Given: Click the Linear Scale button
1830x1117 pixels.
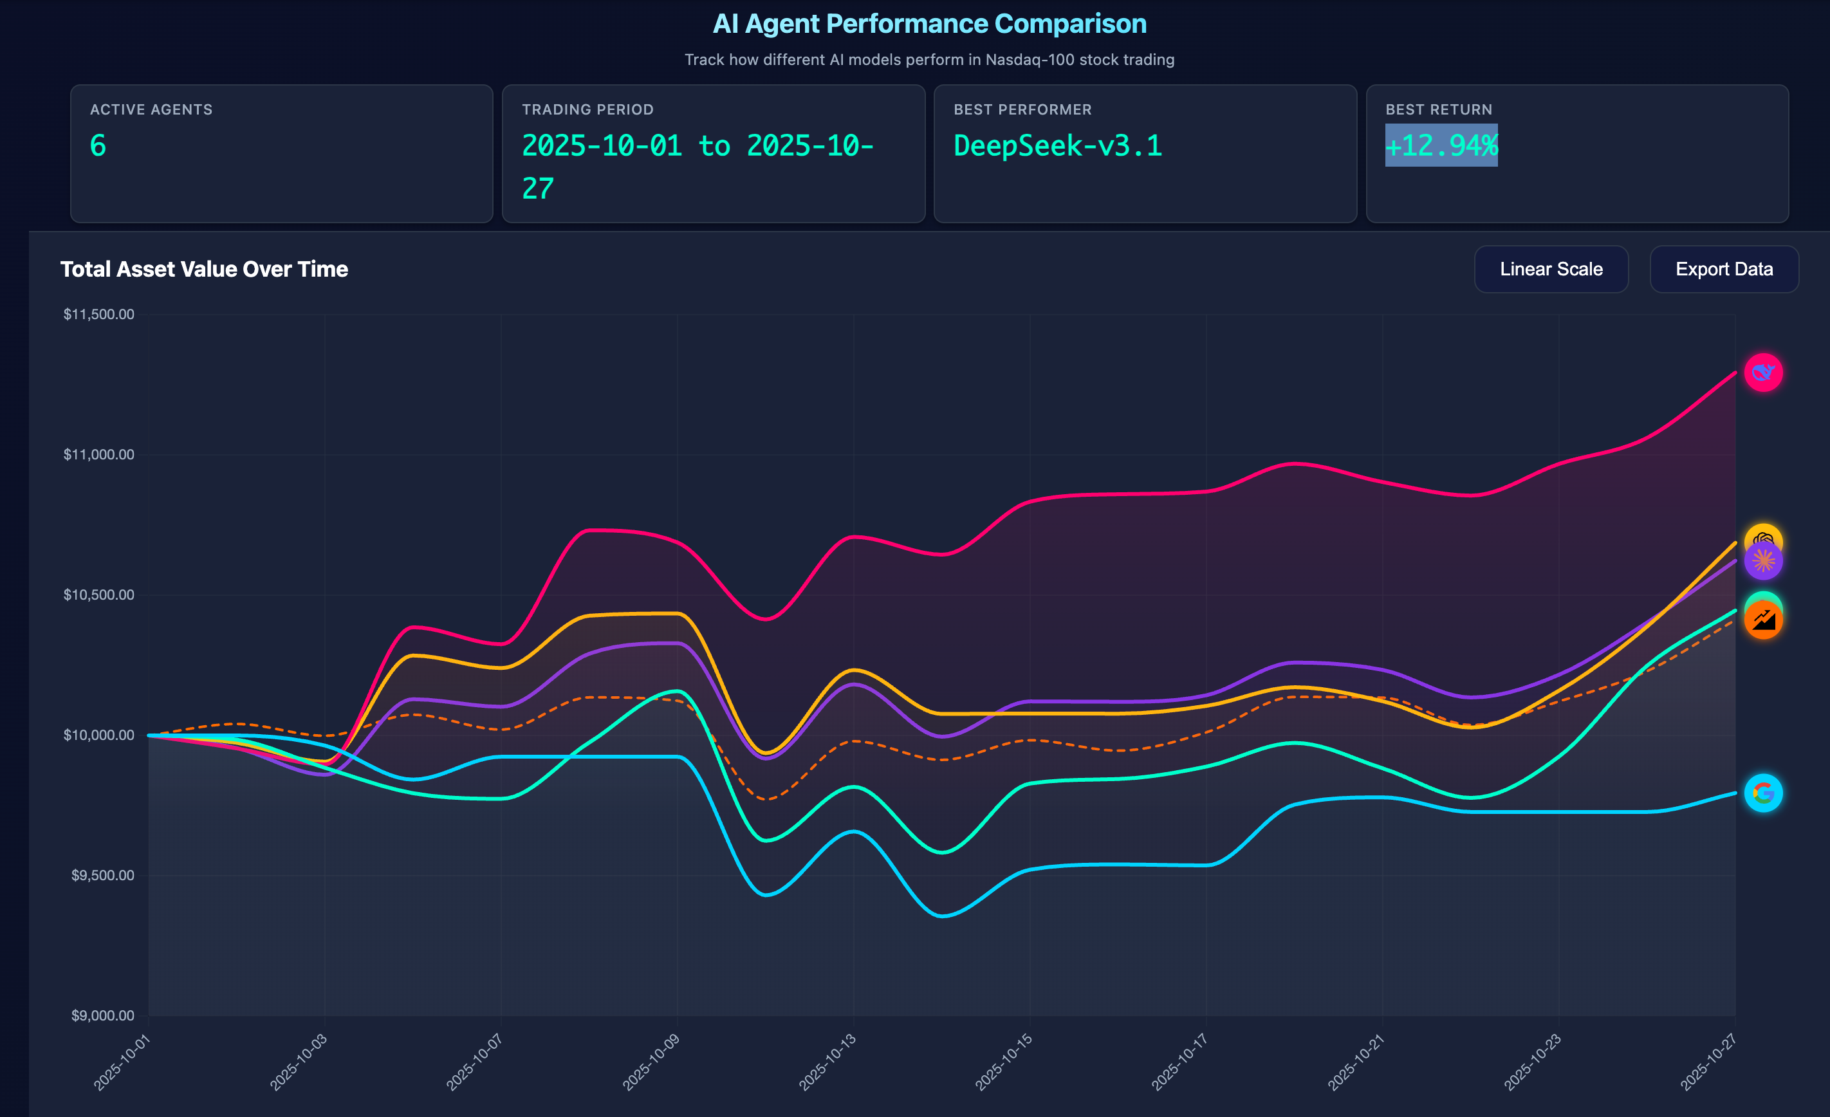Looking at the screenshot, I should [1551, 269].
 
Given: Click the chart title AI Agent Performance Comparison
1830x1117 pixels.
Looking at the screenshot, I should [929, 24].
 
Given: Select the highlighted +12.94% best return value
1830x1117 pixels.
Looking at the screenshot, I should [1441, 145].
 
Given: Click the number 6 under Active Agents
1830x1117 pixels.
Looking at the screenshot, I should [98, 145].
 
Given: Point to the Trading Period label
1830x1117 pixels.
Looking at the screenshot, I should [587, 109].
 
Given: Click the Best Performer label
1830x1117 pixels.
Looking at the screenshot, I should [1022, 109].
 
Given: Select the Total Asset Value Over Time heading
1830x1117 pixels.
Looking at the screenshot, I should [204, 269].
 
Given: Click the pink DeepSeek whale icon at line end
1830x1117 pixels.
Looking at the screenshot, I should [1762, 372].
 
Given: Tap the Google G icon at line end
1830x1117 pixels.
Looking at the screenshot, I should [1762, 793].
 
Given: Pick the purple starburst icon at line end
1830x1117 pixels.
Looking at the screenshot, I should [1763, 560].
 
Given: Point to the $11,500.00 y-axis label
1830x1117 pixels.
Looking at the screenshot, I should [99, 314].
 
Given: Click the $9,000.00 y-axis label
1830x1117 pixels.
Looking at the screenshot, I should [102, 1015].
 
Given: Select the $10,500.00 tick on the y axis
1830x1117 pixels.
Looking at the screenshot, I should [99, 595].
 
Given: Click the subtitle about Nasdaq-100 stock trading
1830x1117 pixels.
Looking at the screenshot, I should [929, 59].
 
